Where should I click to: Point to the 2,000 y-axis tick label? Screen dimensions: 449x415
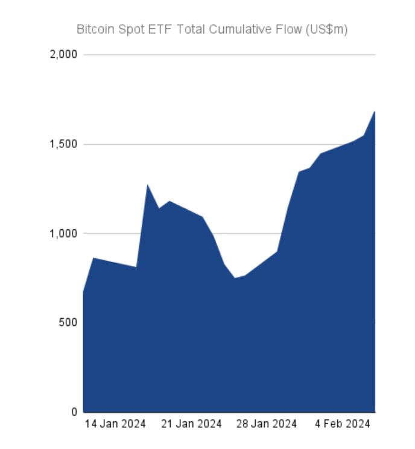(64, 55)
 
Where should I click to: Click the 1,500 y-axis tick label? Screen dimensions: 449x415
(64, 144)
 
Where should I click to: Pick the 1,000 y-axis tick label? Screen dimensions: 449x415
(64, 234)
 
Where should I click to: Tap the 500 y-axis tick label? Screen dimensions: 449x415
(69, 323)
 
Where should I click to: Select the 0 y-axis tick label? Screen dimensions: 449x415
(74, 412)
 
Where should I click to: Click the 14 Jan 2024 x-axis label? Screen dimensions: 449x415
(115, 424)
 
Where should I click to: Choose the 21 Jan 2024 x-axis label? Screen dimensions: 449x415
(192, 424)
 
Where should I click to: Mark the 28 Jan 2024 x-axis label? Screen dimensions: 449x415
(267, 424)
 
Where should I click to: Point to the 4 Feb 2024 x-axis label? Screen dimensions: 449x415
(343, 424)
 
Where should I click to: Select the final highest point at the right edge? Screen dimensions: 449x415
(375, 112)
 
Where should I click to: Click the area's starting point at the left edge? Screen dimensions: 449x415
(83, 291)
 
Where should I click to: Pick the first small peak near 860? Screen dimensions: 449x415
(93, 258)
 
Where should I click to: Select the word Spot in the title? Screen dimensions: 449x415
(130, 30)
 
